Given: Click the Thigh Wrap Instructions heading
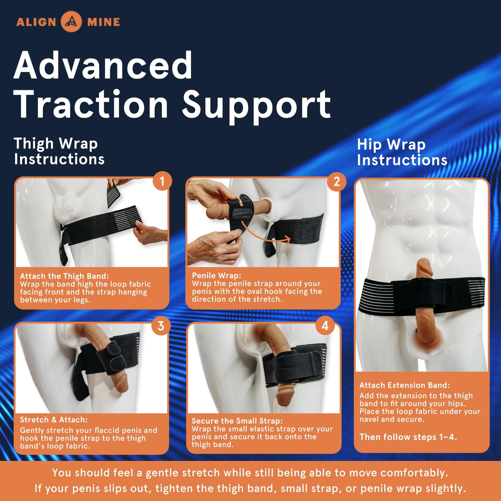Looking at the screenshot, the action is [59, 151].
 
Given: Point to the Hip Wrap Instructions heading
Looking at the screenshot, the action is [402, 152].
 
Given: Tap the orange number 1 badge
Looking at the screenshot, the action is [162, 181].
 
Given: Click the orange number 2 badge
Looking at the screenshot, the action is [337, 181].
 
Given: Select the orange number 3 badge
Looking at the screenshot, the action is [161, 326].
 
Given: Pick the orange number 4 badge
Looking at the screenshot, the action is [325, 326].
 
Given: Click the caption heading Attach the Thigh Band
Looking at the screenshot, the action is [65, 276].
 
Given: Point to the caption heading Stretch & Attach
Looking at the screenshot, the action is [54, 420].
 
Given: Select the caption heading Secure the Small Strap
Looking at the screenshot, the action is [237, 421].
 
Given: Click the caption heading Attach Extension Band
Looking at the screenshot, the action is [405, 385].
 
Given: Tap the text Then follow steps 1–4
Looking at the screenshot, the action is [408, 437].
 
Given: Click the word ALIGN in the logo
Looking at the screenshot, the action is [36, 22].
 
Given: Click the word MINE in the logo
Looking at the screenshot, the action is [104, 22].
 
